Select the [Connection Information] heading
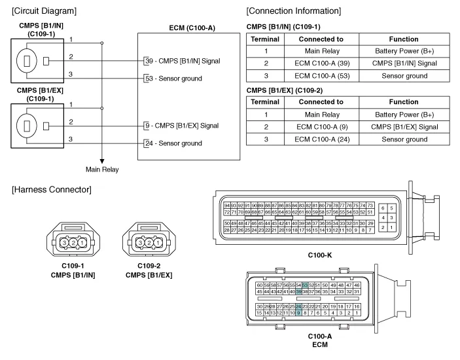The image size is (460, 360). pyautogui.click(x=293, y=11)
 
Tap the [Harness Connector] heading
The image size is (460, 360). pyautogui.click(x=51, y=190)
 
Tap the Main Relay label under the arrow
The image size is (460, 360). pyautogui.click(x=103, y=169)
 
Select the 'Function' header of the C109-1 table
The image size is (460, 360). pyautogui.click(x=403, y=39)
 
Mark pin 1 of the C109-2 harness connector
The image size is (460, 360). pyautogui.click(x=158, y=243)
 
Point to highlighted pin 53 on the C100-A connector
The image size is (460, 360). pyautogui.click(x=305, y=285)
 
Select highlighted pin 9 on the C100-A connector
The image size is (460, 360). pyautogui.click(x=299, y=313)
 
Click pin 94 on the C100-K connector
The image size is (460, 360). pyautogui.click(x=227, y=206)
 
